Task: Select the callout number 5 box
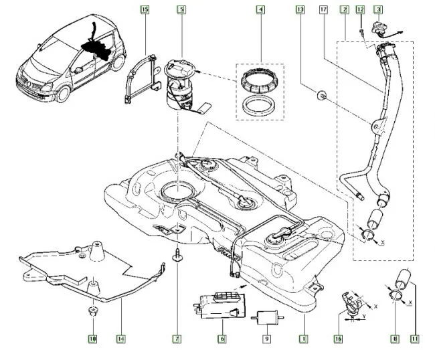(181, 10)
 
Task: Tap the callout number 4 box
(260, 10)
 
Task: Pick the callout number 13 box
(299, 10)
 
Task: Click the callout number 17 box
(323, 10)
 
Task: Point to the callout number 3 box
(378, 10)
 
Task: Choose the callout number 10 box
(92, 339)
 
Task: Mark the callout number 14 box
(120, 339)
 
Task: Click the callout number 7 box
(177, 339)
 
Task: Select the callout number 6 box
(221, 339)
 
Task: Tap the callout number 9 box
(266, 339)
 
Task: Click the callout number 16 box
(338, 339)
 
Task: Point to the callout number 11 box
(414, 339)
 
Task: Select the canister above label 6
(220, 309)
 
